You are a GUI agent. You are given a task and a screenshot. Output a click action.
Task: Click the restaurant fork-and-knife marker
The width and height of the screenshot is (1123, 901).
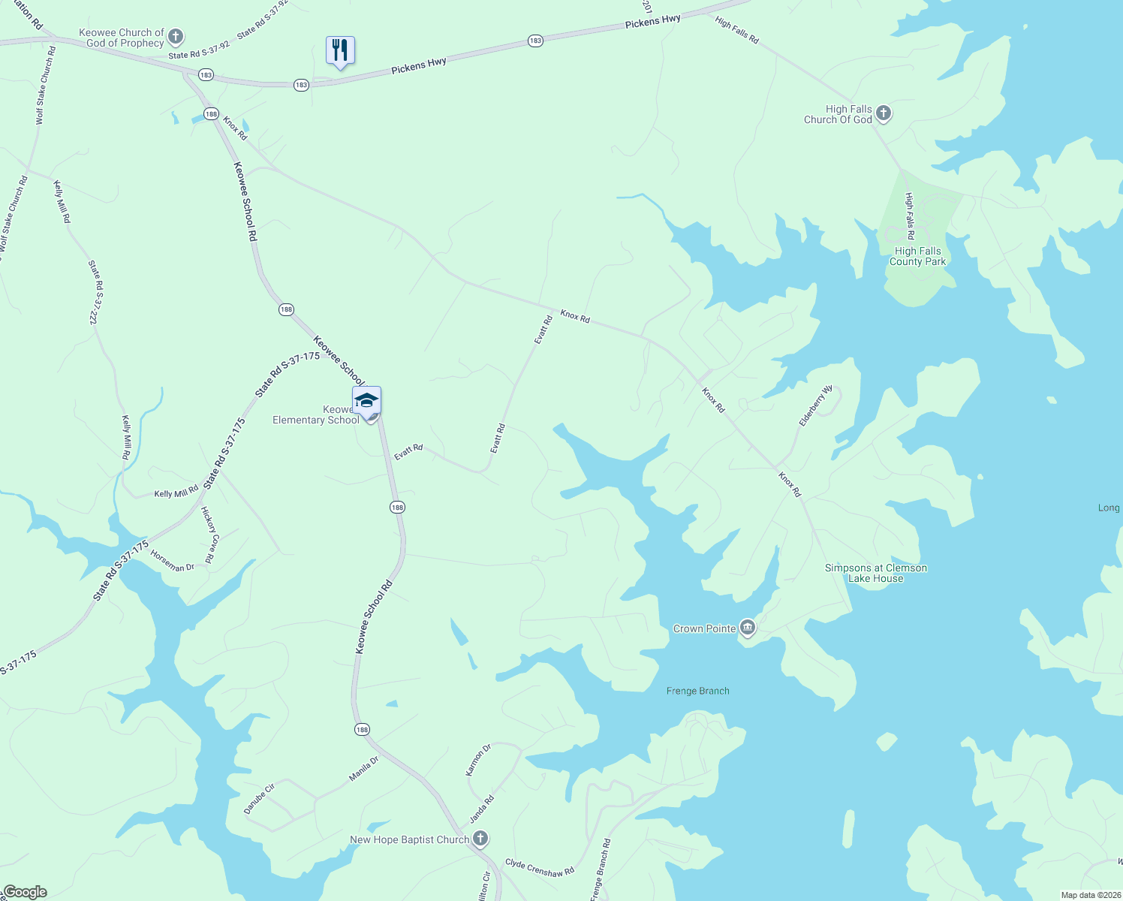coord(340,51)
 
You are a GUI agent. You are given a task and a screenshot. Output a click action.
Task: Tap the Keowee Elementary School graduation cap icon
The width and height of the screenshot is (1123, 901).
coord(366,400)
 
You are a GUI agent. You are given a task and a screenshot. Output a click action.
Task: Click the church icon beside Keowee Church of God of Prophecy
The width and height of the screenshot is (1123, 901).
coord(175,36)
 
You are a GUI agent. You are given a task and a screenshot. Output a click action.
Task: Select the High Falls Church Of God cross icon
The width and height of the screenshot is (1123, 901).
coord(884,113)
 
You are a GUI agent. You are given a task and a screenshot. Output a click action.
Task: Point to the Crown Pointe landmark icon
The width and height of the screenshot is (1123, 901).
coord(747,628)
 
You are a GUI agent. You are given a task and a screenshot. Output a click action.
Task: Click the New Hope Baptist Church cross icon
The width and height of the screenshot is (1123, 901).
coord(480,839)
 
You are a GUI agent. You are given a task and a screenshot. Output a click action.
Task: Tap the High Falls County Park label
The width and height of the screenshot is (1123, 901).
coord(917,257)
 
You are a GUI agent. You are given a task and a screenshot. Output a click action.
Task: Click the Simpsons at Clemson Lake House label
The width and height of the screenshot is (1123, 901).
coord(875,573)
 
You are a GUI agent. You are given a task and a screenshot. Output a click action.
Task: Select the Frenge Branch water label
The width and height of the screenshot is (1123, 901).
coord(697,691)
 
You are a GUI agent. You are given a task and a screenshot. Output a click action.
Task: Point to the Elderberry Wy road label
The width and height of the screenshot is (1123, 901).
coord(815,406)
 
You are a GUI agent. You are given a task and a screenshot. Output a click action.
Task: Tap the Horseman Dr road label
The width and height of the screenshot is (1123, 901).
coord(172,561)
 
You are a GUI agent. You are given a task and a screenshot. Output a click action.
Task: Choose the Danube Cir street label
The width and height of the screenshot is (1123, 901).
coord(260,798)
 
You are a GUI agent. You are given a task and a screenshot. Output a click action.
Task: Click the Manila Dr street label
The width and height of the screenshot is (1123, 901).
coord(364,769)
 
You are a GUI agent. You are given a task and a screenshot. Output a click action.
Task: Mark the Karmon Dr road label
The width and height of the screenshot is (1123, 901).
coord(478,760)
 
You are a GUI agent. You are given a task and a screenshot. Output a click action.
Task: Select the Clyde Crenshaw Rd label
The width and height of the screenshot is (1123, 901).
coord(539,867)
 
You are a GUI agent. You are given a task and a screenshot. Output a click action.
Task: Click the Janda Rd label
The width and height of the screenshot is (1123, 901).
coord(482,809)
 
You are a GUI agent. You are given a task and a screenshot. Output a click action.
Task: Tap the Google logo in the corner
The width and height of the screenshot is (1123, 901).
coord(25,892)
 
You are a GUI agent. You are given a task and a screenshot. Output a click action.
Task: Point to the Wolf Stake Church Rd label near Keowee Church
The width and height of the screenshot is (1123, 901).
coord(46,86)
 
